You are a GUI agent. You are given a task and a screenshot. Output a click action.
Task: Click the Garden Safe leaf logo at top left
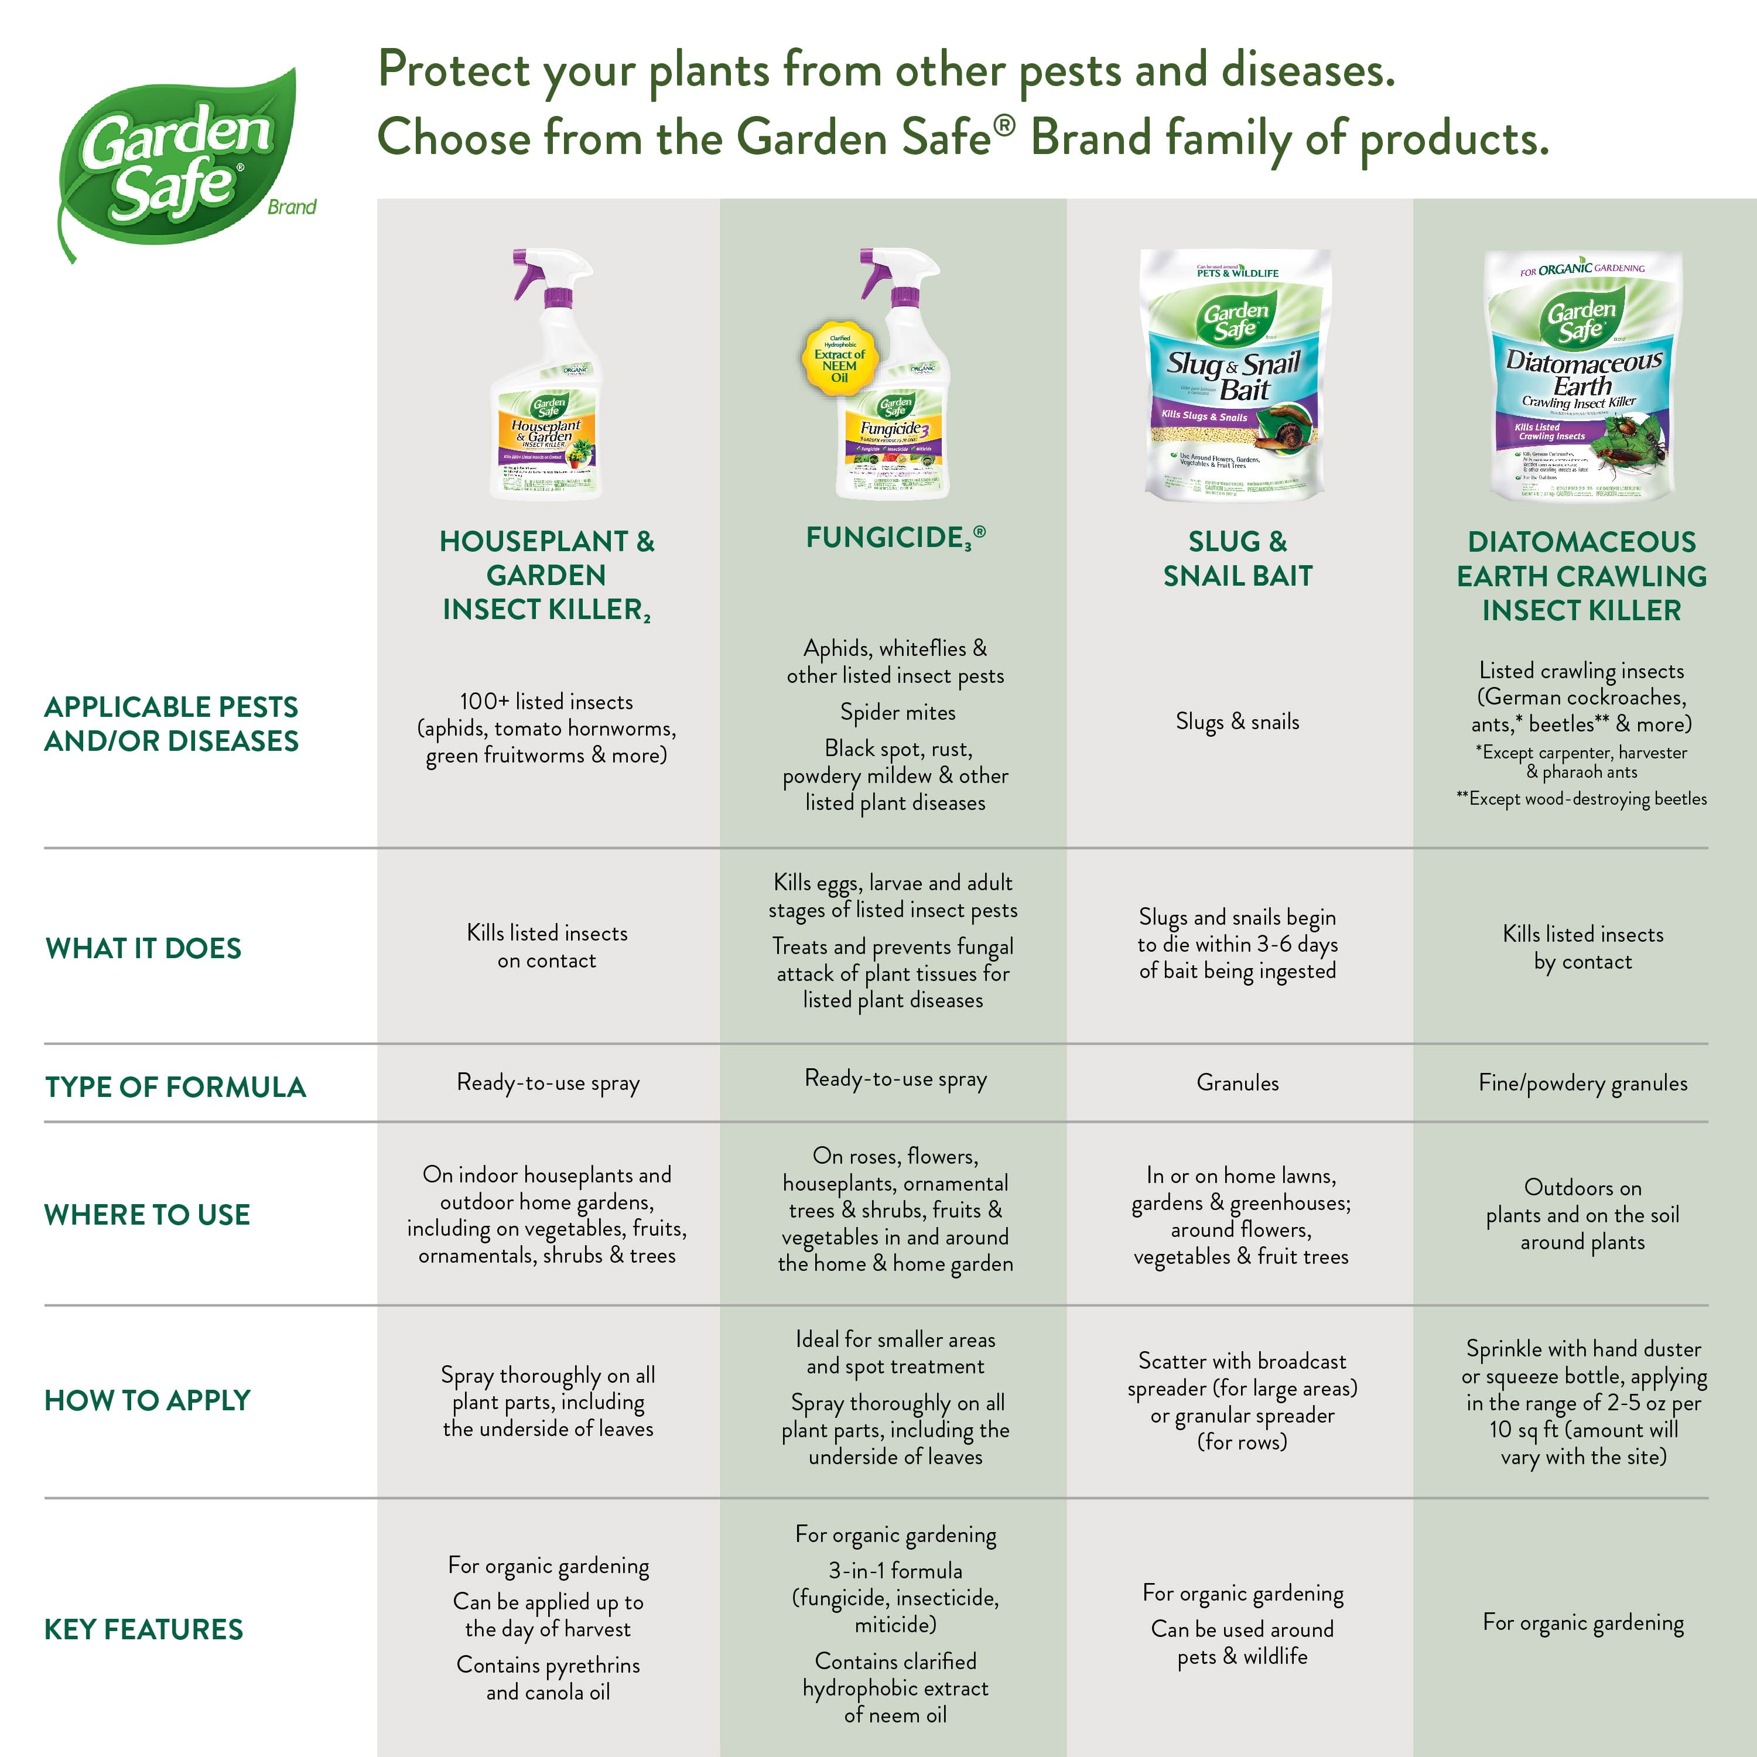(x=177, y=164)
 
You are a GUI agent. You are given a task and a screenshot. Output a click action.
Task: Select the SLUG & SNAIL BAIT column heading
(x=1238, y=558)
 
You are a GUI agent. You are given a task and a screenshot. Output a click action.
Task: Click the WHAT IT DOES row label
(x=143, y=949)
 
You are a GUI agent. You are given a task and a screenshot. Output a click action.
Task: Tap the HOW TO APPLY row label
(x=148, y=1400)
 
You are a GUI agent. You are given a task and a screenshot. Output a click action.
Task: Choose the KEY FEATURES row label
(x=143, y=1629)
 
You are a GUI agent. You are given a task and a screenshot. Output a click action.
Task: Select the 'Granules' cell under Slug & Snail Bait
(x=1237, y=1082)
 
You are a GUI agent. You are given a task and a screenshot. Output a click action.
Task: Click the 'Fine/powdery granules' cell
(x=1582, y=1083)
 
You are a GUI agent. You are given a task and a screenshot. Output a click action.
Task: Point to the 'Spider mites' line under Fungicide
(x=898, y=712)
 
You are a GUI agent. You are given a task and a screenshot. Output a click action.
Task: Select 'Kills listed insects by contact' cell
(x=1582, y=948)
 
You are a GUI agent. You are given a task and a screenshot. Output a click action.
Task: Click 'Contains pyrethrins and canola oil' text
(x=548, y=1678)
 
